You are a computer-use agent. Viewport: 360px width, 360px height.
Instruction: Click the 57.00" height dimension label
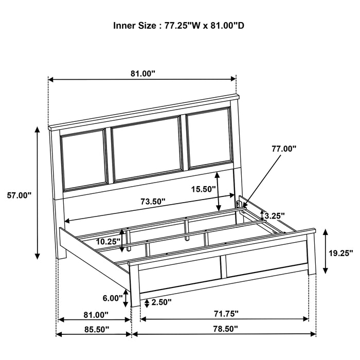coord(19,196)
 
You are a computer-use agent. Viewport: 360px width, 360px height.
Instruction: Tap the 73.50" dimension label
coord(153,202)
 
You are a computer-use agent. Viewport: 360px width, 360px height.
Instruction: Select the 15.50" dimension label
coord(204,189)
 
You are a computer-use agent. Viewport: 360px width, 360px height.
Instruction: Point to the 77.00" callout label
coord(284,149)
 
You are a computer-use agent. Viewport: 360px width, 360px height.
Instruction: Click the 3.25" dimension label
coord(275,216)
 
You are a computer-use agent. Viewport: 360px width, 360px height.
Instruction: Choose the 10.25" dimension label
coord(108,242)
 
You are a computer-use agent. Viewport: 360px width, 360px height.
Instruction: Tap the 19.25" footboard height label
coord(340,253)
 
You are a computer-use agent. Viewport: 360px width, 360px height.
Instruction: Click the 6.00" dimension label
coord(113,298)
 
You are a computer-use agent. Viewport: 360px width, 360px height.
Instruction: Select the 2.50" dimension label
coord(161,302)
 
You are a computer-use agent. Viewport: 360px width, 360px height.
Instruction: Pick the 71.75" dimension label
coord(226,314)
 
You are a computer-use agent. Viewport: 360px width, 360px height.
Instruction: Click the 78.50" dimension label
coord(225,329)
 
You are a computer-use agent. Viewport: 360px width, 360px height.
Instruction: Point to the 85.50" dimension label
coord(97,330)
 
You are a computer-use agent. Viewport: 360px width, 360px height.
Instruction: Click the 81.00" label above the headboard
coord(143,74)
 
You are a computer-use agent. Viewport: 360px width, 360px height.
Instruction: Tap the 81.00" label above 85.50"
coord(96,315)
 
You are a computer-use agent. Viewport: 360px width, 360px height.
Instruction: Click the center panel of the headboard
coord(147,149)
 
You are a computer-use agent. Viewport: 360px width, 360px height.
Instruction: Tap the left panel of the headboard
coord(84,160)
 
